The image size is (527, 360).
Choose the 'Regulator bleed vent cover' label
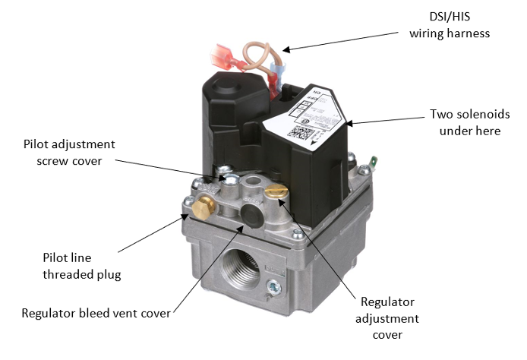[96, 313]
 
